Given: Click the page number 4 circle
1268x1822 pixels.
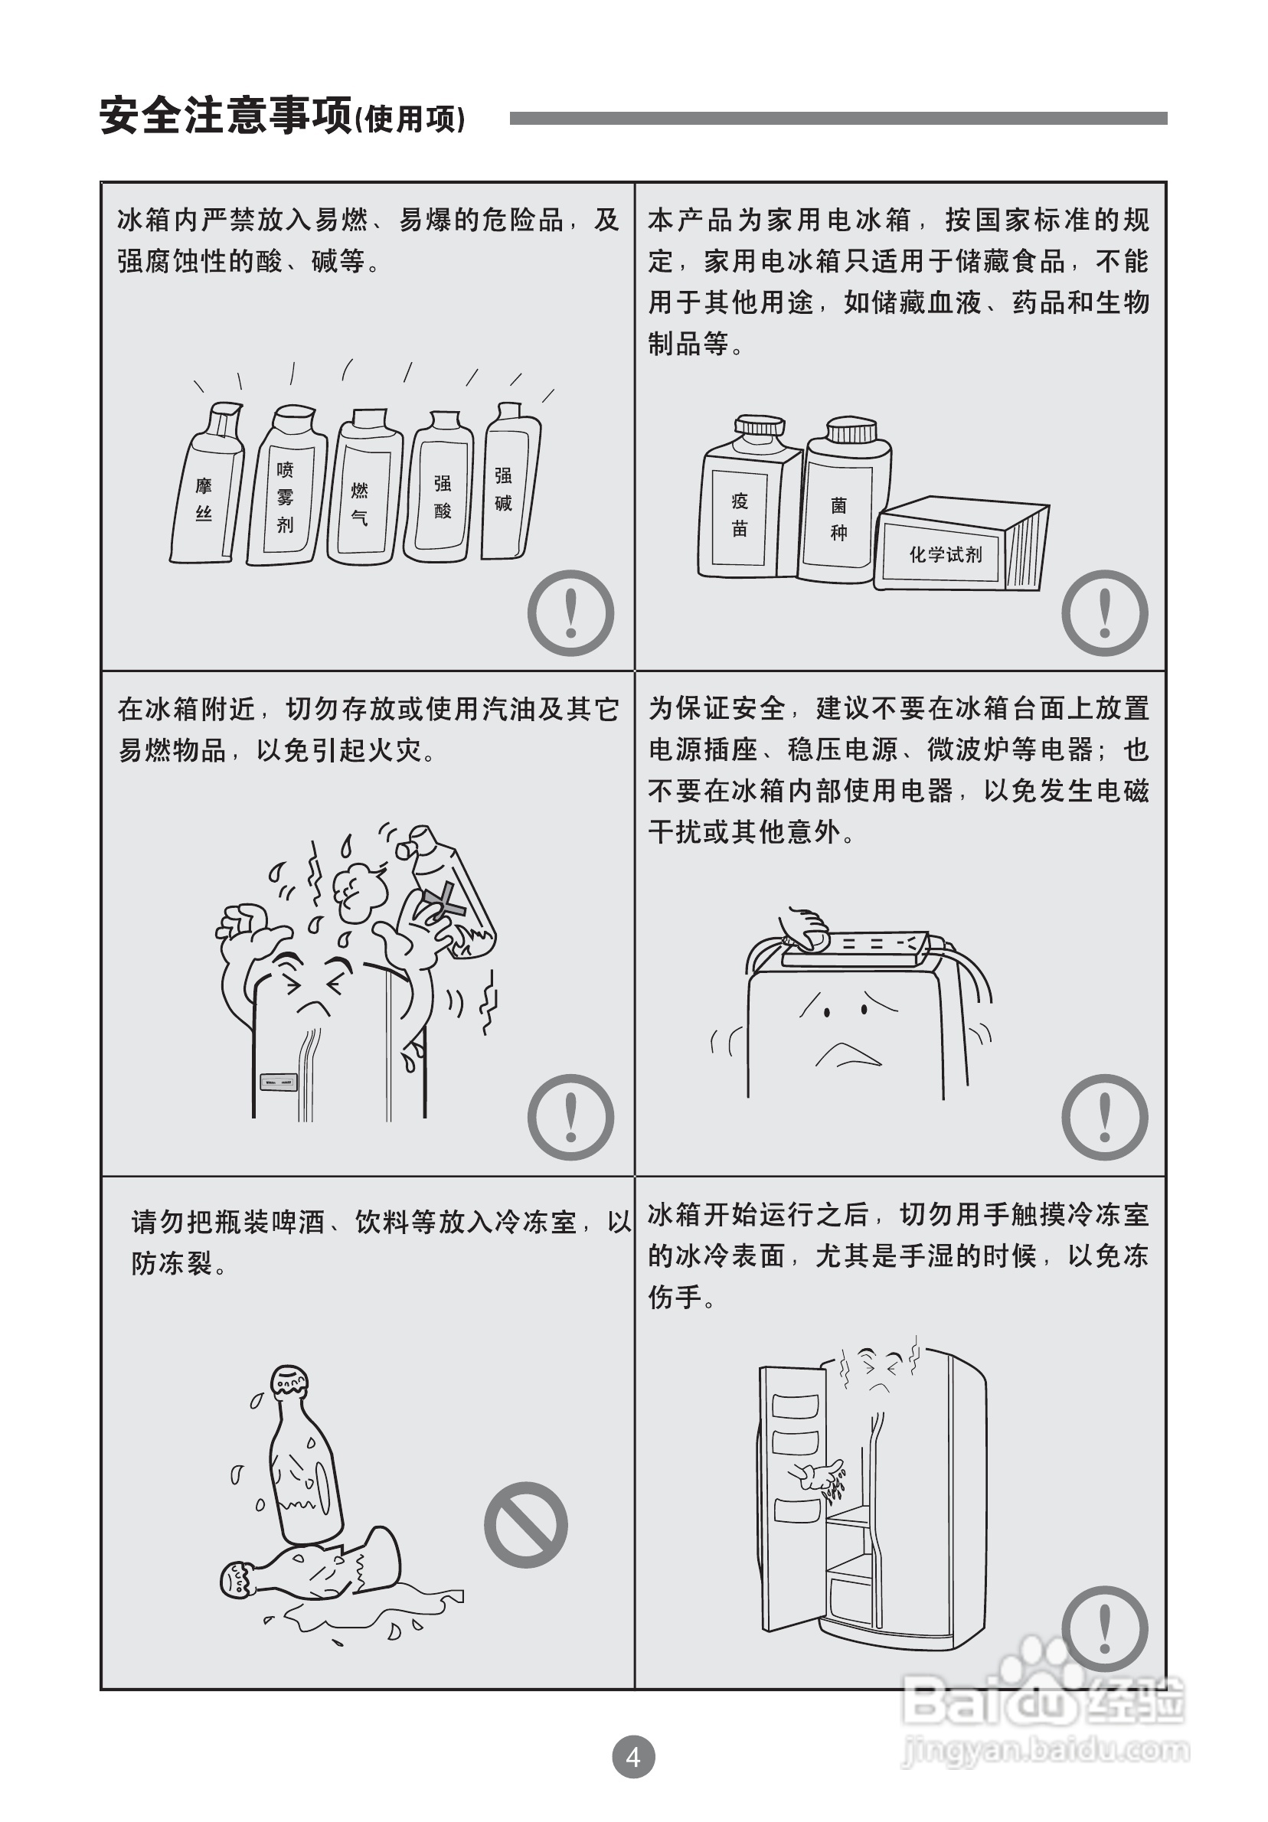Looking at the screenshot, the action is click(x=633, y=1757).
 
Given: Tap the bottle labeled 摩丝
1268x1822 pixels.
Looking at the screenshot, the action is click(x=206, y=483).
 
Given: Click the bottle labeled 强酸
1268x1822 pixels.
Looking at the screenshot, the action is click(x=439, y=486).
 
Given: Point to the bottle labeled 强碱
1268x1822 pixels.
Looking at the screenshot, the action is click(x=510, y=481).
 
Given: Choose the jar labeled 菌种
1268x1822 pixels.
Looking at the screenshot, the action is click(x=845, y=501).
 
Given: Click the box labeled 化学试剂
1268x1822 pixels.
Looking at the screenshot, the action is click(x=961, y=544).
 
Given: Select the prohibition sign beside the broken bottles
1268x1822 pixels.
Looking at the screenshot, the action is click(x=525, y=1524).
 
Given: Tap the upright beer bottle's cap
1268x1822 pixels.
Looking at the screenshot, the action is click(x=289, y=1382).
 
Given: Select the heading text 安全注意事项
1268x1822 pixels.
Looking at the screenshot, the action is click(x=225, y=116).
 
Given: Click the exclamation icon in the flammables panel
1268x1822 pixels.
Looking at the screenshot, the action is click(x=570, y=612).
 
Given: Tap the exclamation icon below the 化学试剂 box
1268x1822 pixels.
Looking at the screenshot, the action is click(x=1105, y=612).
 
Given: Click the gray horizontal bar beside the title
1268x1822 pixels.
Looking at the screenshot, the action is click(x=838, y=118).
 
